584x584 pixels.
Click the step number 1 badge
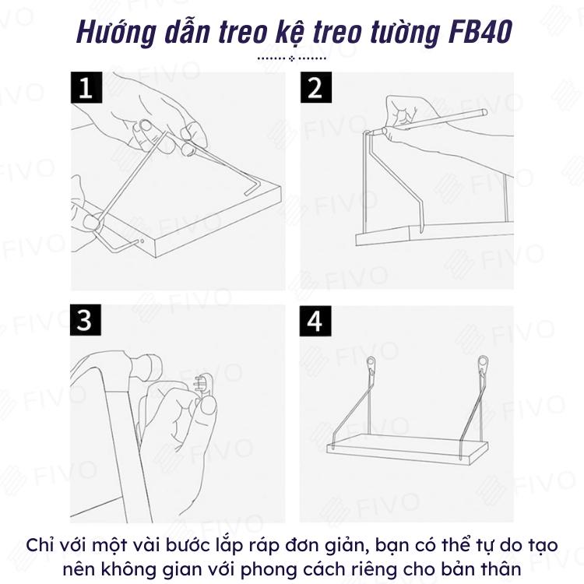coord(86,87)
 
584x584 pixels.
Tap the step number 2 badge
coord(316,87)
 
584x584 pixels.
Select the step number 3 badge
coord(86,320)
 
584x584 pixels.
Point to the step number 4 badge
coord(315,321)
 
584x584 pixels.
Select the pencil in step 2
coord(434,121)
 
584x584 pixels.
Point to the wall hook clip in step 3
coord(202,384)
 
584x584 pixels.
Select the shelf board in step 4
coord(407,449)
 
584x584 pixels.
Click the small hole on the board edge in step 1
coord(142,241)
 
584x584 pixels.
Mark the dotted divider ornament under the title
coord(292,58)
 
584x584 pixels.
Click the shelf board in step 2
coord(434,234)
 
